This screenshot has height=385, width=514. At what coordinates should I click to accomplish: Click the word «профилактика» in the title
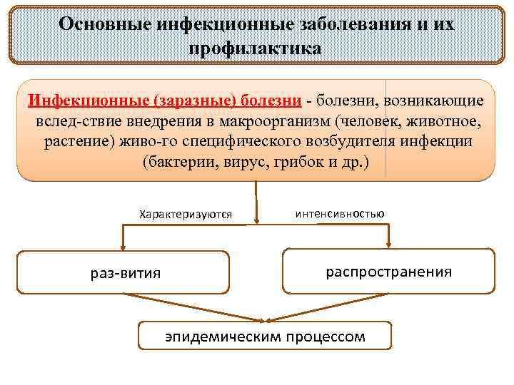[256, 48]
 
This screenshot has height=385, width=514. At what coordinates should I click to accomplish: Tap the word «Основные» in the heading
[104, 24]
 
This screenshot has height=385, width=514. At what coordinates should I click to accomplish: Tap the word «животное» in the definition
[440, 120]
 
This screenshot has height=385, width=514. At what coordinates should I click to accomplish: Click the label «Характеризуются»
[186, 215]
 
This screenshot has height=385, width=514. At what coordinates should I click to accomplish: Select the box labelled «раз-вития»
[123, 272]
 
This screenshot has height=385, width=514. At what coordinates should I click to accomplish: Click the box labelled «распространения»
[388, 271]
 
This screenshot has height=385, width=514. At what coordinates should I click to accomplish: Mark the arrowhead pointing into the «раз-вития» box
[124, 247]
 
